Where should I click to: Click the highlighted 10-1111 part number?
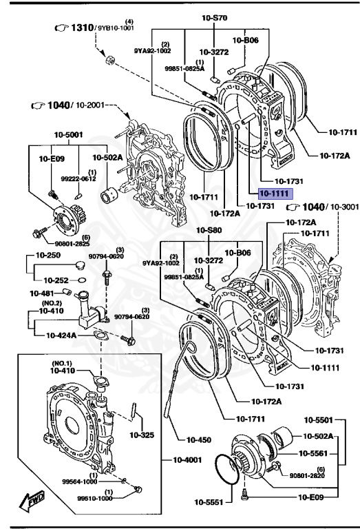point(275,195)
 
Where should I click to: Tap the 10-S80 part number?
point(211,230)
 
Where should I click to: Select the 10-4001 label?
point(180,459)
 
